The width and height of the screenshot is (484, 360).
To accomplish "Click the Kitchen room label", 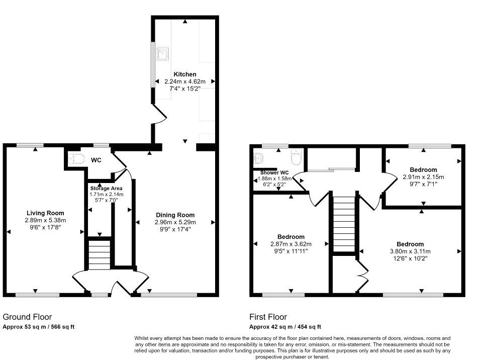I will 185,74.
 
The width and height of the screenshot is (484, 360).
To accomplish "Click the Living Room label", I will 45,213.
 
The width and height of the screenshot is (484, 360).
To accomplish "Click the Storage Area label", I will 106,188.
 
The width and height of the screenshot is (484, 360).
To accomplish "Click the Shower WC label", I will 274,172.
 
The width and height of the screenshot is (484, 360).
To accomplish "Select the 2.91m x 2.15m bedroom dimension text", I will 423,177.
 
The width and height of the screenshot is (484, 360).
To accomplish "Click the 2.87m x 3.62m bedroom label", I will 291,237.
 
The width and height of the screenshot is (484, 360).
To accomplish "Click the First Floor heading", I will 268,317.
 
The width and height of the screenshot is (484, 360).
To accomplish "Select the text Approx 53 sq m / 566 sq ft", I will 39,327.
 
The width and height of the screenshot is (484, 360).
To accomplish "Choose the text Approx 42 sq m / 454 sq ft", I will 285,327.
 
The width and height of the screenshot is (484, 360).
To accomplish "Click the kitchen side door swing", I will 160,117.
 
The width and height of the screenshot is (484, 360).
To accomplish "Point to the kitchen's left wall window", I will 153,65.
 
